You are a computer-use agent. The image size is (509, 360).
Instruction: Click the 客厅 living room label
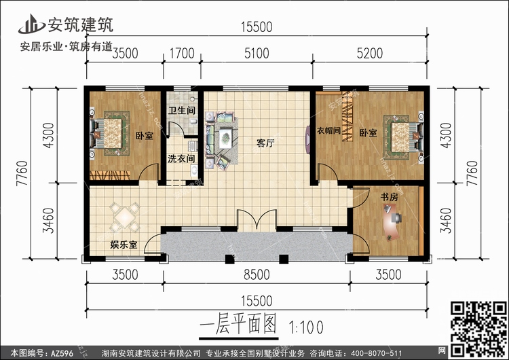click(265, 143)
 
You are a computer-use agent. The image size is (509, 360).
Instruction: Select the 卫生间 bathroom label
click(182, 110)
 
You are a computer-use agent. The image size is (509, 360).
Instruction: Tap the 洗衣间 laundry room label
click(181, 159)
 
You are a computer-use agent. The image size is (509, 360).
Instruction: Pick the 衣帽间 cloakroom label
click(328, 131)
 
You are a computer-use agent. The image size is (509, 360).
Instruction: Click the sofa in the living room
click(223, 138)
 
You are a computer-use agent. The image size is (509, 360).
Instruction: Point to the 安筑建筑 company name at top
click(79, 24)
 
